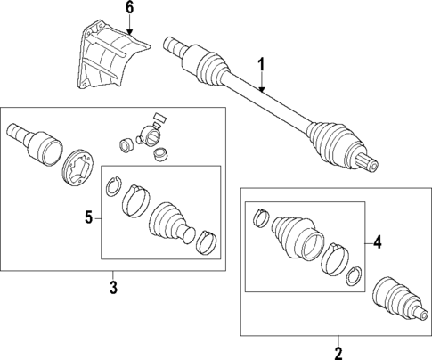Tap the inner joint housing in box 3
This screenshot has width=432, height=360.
coord(31,138)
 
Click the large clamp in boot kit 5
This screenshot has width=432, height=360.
coord(136,200)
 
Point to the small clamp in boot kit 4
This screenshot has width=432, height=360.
coord(260,216)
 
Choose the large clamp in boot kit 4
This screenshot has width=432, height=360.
coord(337,258)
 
